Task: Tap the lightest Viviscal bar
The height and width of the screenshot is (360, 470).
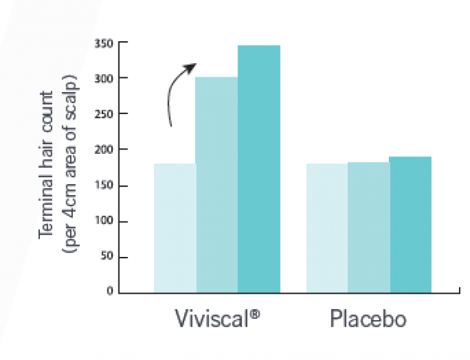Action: click(x=174, y=228)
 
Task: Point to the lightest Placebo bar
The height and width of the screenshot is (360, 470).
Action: click(x=326, y=228)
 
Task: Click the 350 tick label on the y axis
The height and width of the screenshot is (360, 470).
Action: click(x=104, y=44)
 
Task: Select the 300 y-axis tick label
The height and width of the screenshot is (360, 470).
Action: click(x=104, y=79)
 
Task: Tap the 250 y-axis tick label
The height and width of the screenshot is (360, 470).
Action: click(x=104, y=114)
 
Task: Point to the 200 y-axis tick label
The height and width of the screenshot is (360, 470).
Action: click(x=104, y=149)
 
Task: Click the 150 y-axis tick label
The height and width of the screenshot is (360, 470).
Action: click(x=104, y=186)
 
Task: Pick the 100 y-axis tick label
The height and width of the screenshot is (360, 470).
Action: click(x=104, y=222)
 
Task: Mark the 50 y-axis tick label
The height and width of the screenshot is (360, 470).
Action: click(x=106, y=258)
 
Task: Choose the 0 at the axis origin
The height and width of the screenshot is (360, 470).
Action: click(x=109, y=292)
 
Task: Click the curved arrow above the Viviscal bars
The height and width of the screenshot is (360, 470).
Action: click(x=175, y=90)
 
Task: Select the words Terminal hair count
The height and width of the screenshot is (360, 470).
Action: click(x=47, y=164)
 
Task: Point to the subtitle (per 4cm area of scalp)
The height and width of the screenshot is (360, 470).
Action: click(x=69, y=164)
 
